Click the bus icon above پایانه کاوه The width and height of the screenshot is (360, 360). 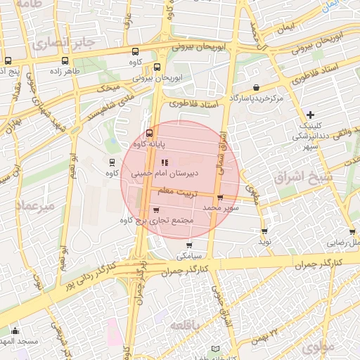(149, 134)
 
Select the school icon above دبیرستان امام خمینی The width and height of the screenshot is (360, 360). (165, 163)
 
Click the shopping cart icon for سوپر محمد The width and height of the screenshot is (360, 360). (221, 198)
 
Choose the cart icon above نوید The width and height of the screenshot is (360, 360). (264, 231)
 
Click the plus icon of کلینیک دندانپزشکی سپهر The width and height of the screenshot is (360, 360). (310, 115)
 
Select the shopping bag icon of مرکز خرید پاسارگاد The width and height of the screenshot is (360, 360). (255, 88)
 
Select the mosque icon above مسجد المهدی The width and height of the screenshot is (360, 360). (15, 331)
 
